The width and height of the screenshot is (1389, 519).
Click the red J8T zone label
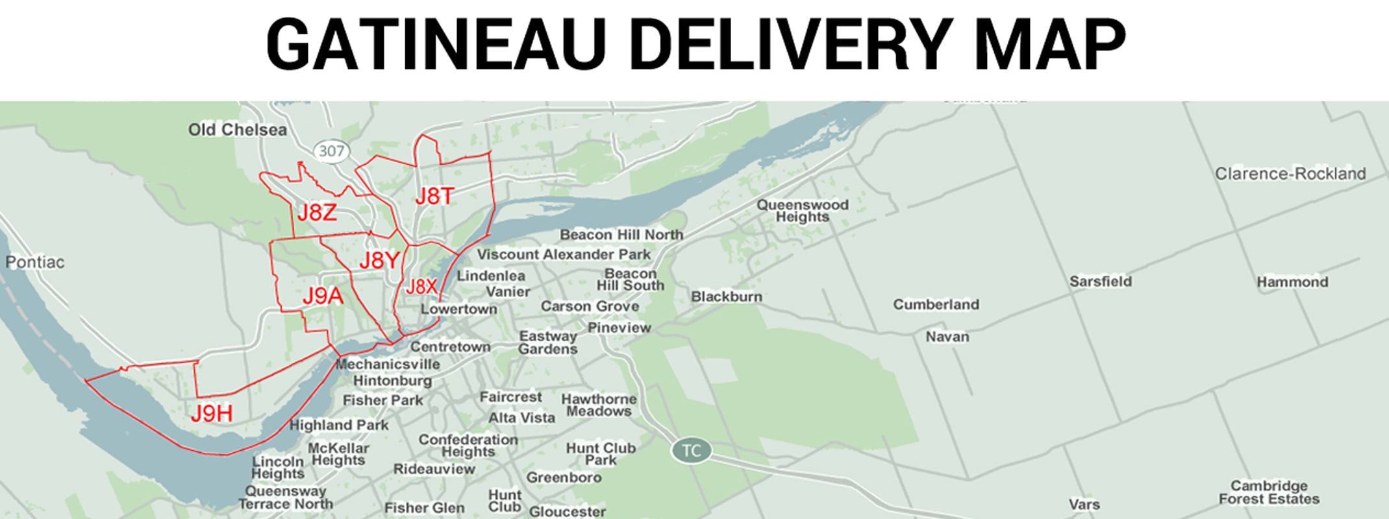point(434,196)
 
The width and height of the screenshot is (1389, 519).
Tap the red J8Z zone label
point(317,212)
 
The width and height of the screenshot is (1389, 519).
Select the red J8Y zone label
point(379,260)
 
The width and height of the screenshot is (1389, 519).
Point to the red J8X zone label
point(421,286)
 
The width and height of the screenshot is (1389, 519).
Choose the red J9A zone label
point(322,296)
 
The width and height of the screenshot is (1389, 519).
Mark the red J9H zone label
point(212,413)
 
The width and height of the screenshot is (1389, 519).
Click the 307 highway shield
point(331,152)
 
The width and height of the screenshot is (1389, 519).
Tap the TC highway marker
point(691,450)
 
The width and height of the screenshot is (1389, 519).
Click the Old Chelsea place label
point(237,130)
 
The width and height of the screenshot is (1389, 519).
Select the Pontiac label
point(35,262)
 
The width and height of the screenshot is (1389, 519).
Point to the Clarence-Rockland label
point(1290,174)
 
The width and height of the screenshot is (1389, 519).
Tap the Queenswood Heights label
point(803,211)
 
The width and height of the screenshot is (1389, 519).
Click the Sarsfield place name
point(1101,282)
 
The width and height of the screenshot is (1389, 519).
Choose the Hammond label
point(1292,282)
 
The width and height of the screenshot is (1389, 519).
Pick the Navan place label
point(947,337)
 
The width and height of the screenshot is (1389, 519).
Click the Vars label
point(1084,505)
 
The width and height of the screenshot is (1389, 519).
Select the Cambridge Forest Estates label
point(1269,492)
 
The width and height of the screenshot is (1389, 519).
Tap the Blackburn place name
point(727,296)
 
